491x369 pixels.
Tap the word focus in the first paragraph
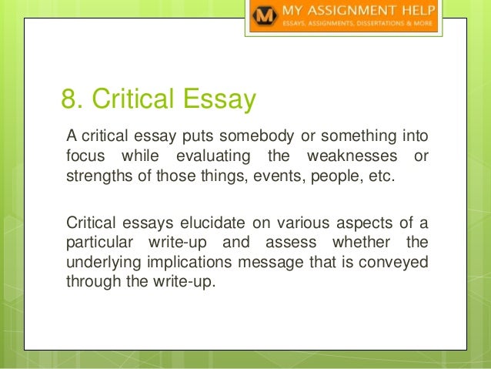(81, 157)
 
